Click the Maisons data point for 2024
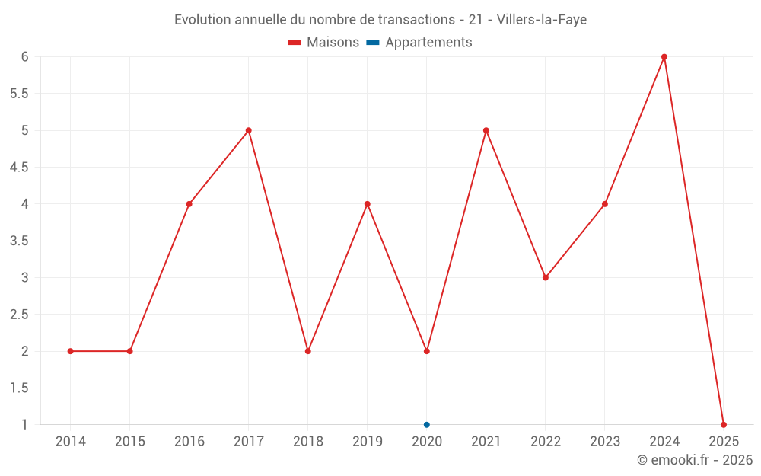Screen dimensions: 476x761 [664, 57]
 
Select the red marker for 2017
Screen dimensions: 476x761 [249, 130]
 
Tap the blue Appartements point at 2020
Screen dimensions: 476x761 [427, 424]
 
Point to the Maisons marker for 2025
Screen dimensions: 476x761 [724, 424]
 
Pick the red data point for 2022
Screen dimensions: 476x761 [546, 277]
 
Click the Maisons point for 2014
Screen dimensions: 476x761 [71, 351]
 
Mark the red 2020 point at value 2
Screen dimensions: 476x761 [427, 351]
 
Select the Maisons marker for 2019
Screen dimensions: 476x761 [368, 204]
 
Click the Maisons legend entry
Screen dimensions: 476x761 [323, 43]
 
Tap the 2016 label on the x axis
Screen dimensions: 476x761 [189, 442]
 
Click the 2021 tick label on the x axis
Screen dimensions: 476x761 [486, 442]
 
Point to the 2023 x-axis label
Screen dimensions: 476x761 [605, 442]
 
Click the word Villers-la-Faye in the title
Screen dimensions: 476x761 [541, 20]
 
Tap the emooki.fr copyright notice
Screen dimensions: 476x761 [694, 460]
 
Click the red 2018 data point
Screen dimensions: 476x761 [308, 351]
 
